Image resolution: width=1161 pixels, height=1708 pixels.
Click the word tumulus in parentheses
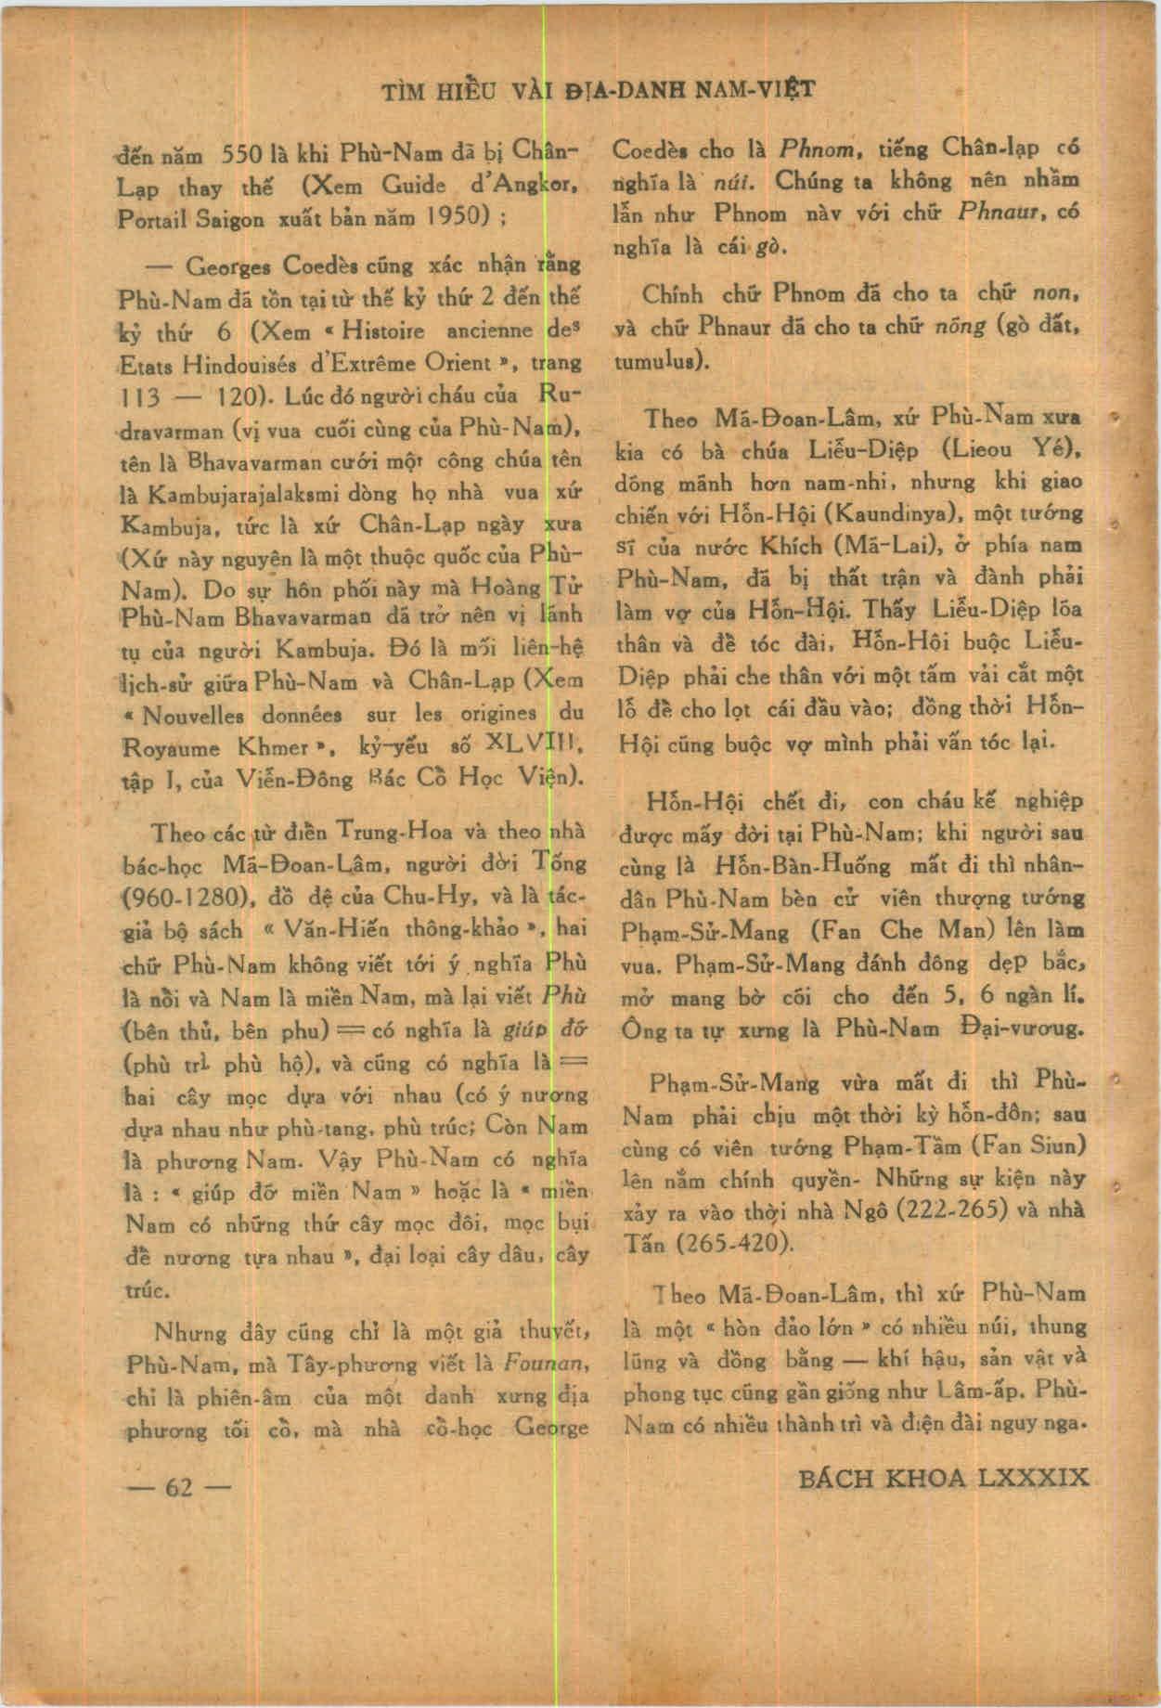659,360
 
